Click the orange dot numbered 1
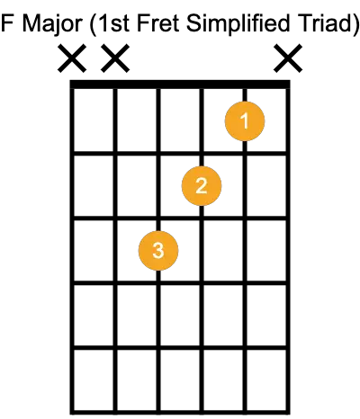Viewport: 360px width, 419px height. point(245,121)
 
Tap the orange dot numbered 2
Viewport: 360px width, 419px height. point(202,186)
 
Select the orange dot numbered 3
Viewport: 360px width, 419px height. point(158,250)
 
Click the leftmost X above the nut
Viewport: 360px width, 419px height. point(72,58)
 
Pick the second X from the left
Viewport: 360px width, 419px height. point(115,58)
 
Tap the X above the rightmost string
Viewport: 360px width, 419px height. point(288,58)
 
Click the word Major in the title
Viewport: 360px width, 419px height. point(52,23)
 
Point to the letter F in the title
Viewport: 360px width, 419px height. point(6,23)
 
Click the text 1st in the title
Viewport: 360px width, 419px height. point(113,23)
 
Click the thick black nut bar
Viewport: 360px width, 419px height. point(180,85)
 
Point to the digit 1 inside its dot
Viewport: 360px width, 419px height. point(245,121)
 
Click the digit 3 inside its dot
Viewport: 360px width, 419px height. point(158,250)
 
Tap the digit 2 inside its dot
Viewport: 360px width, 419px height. point(202,186)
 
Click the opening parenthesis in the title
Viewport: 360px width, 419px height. point(93,24)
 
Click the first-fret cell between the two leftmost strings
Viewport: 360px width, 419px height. point(94,120)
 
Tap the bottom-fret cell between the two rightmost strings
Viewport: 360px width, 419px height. point(266,379)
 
